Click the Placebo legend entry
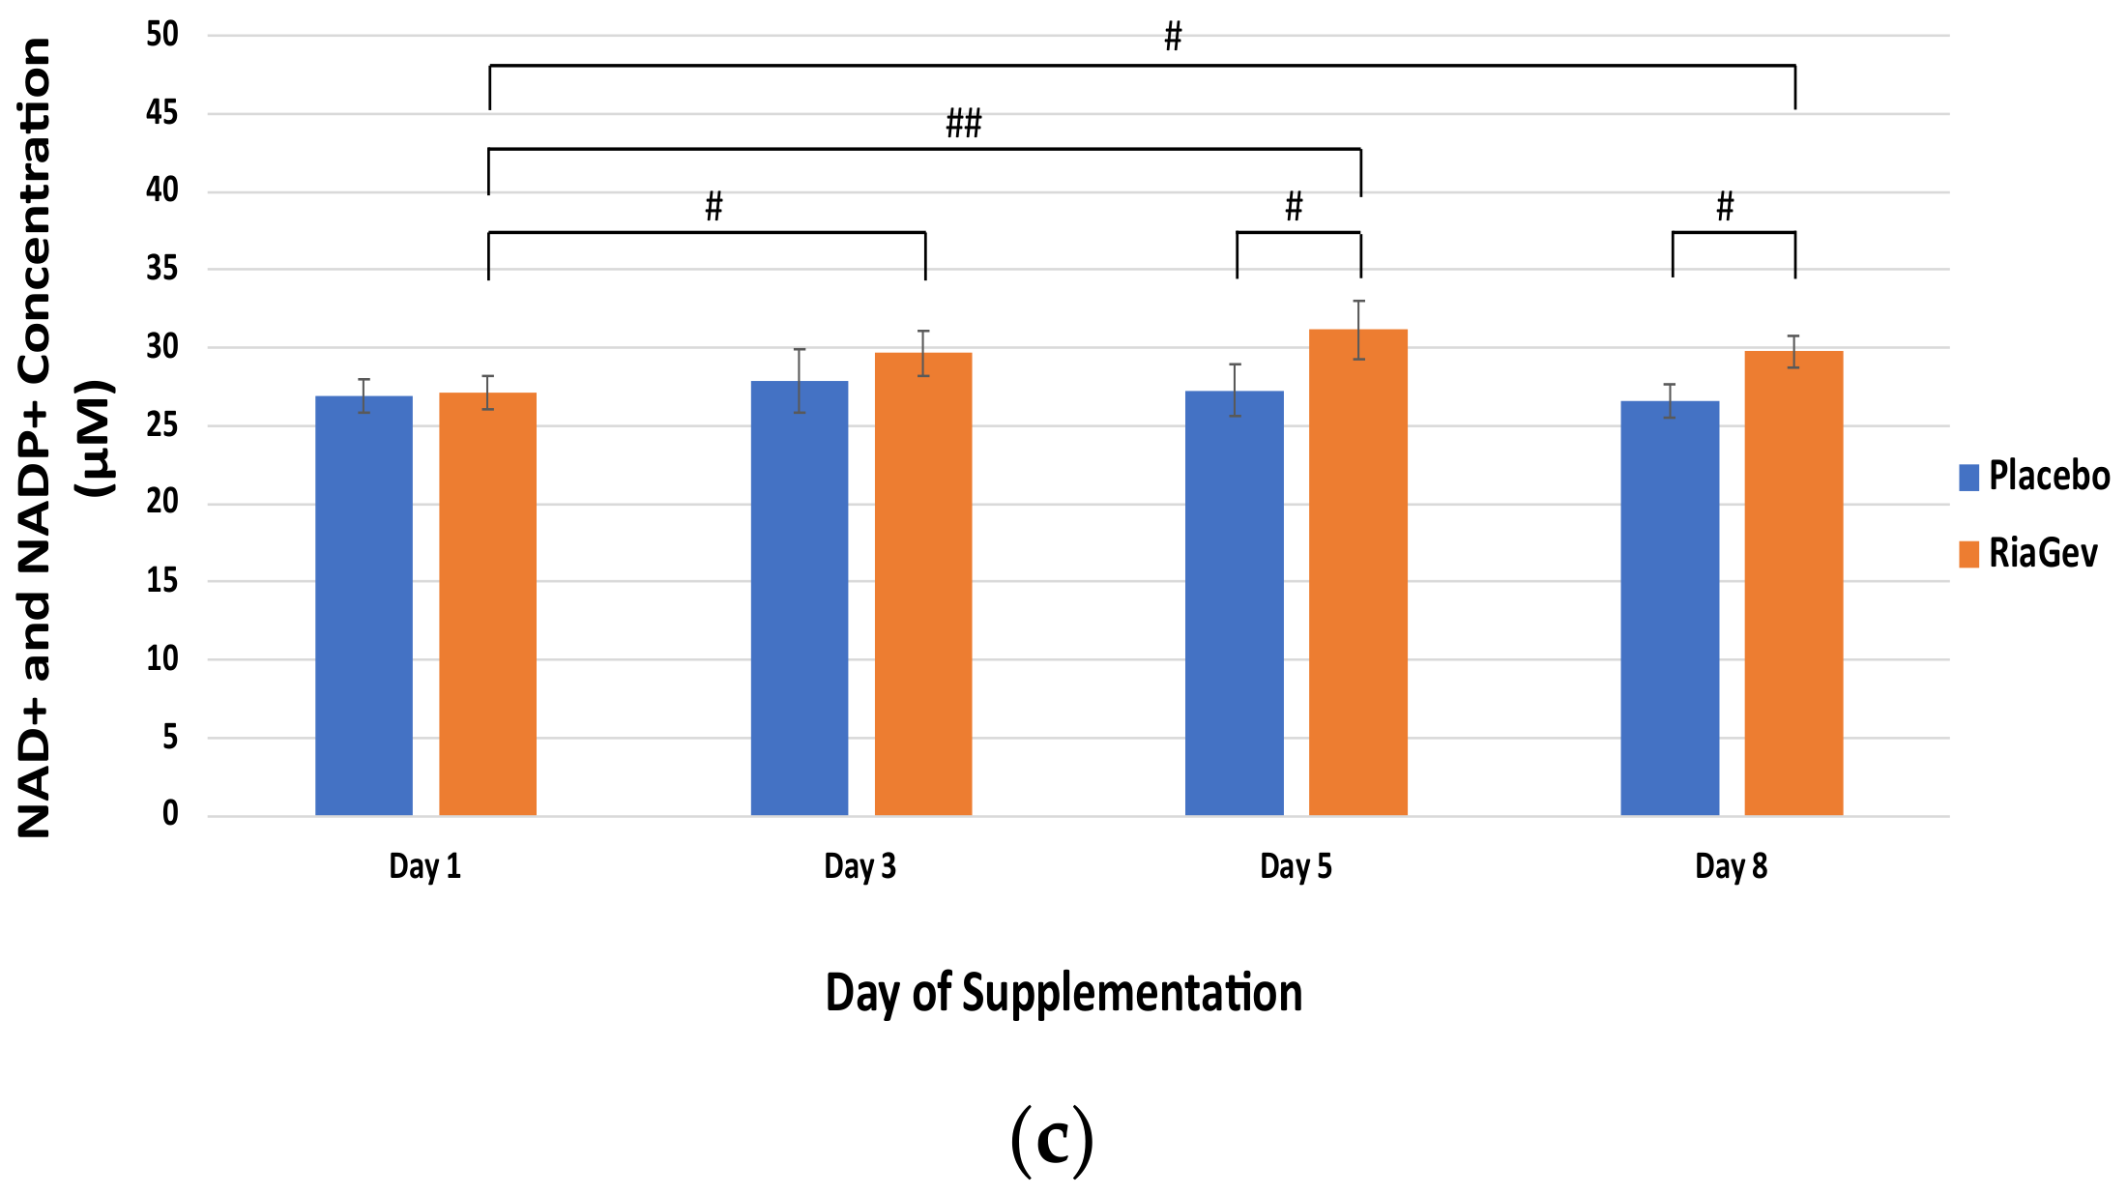[2034, 477]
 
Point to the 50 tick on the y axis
[162, 35]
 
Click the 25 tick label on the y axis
[162, 424]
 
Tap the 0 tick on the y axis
[170, 814]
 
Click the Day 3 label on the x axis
[860, 866]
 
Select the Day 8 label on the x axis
[1731, 866]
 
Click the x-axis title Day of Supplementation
[1063, 994]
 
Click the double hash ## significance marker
[963, 124]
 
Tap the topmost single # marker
[1173, 37]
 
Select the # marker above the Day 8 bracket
[1725, 206]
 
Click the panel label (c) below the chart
[1052, 1141]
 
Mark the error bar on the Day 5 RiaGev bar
[1358, 330]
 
